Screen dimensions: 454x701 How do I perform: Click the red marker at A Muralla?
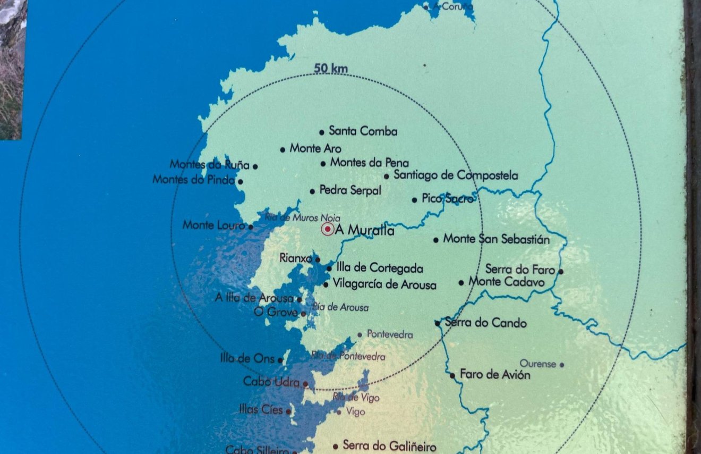tap(328, 230)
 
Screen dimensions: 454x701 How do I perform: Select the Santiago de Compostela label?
tap(456, 175)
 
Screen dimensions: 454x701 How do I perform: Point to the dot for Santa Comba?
tap(322, 132)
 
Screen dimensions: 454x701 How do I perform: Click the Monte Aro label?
tap(315, 149)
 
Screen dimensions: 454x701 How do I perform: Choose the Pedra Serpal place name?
tap(350, 190)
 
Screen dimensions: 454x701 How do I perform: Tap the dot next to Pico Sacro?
tap(415, 200)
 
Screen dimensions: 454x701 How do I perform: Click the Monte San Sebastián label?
tap(496, 239)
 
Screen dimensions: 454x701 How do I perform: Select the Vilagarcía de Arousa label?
tap(384, 284)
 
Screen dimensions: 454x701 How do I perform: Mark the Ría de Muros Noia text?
tap(302, 217)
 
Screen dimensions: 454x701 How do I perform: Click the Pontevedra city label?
tap(390, 335)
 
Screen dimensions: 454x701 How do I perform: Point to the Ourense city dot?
tap(562, 365)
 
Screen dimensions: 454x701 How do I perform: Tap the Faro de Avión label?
tap(495, 375)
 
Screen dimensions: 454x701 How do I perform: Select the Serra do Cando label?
tap(485, 323)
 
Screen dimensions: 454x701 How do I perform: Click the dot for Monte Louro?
tap(251, 226)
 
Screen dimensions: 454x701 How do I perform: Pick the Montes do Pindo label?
tap(193, 180)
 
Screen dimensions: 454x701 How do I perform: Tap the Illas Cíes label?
tap(261, 410)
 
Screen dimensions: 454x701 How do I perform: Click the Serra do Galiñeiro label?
tap(389, 446)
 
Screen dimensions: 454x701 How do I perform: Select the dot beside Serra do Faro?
tap(561, 272)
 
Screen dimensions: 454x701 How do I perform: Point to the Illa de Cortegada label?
tap(380, 268)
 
